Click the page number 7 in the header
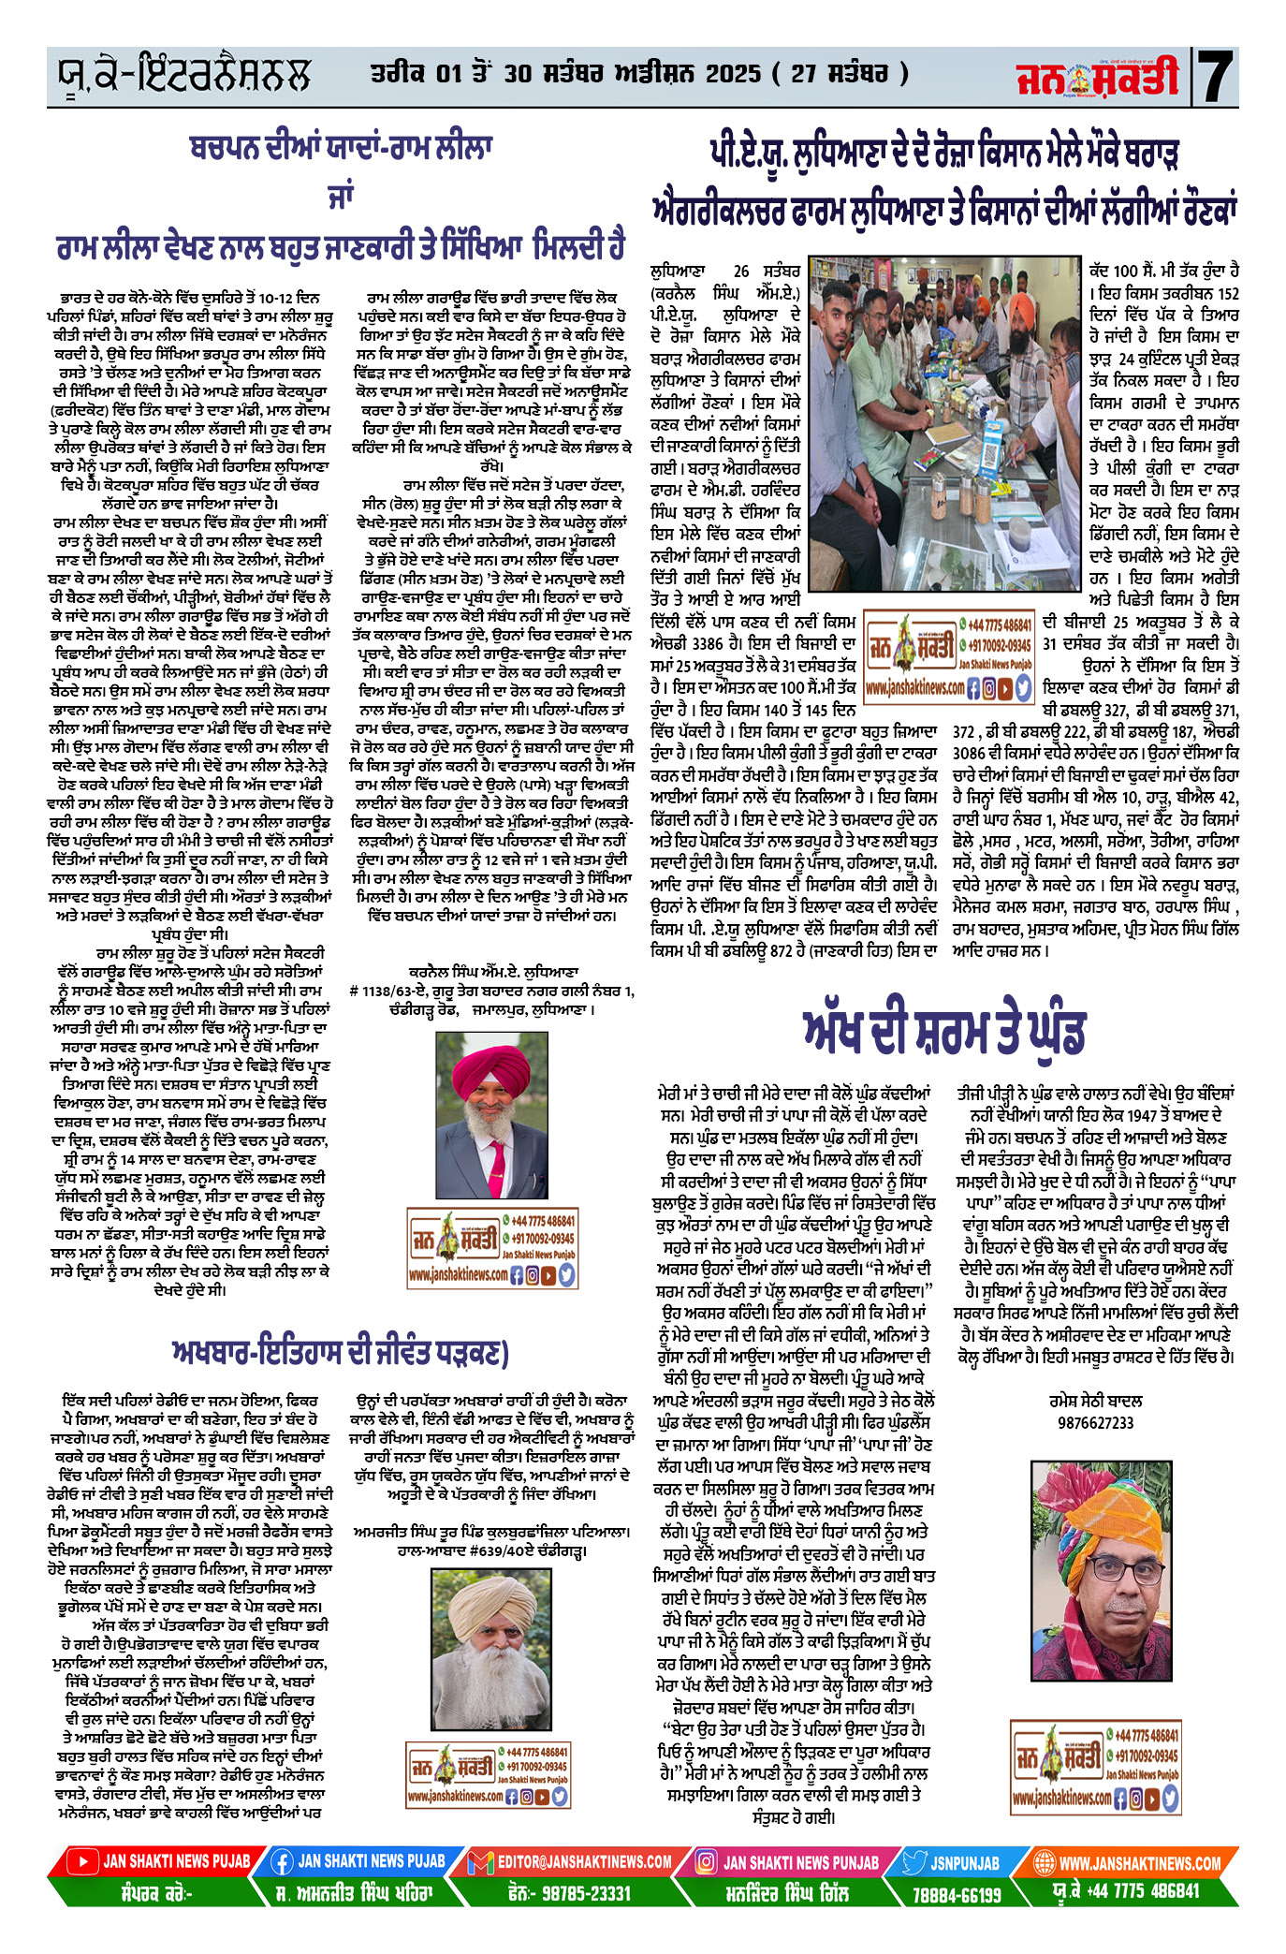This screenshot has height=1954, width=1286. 1217,76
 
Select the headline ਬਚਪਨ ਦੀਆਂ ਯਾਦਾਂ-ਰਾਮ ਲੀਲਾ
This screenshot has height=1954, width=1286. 341,148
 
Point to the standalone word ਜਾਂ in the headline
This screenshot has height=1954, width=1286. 339,196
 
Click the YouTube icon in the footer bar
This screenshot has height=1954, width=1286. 83,1861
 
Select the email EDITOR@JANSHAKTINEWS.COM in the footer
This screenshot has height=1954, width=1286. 583,1861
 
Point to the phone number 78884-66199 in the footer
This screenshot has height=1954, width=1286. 957,1894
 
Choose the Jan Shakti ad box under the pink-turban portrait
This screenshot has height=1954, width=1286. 491,1248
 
